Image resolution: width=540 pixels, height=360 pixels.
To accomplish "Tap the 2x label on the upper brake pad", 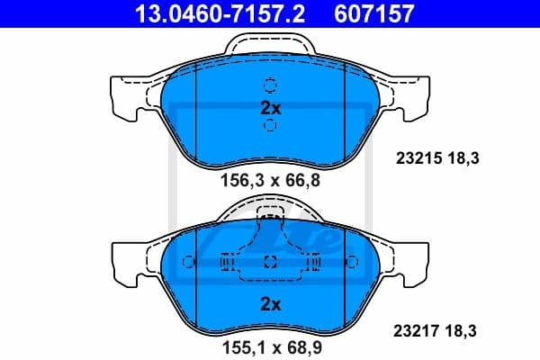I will click(270, 108).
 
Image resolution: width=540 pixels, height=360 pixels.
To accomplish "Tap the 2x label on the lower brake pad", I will click(270, 304).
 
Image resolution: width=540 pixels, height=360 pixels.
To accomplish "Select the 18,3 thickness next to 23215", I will click(463, 159).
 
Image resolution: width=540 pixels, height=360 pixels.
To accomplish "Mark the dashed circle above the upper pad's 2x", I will click(270, 86).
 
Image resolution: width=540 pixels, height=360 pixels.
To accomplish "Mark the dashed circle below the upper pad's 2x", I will click(270, 126).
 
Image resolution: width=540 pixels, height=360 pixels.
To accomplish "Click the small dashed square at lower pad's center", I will click(270, 262).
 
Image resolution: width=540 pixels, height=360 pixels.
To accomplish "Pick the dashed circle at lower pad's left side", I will click(188, 262).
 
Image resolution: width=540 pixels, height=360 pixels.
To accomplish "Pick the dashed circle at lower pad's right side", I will click(352, 262).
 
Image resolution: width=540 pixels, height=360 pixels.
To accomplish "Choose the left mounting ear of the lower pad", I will click(124, 260).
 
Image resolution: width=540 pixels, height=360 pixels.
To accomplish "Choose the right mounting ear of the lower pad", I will click(416, 260).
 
